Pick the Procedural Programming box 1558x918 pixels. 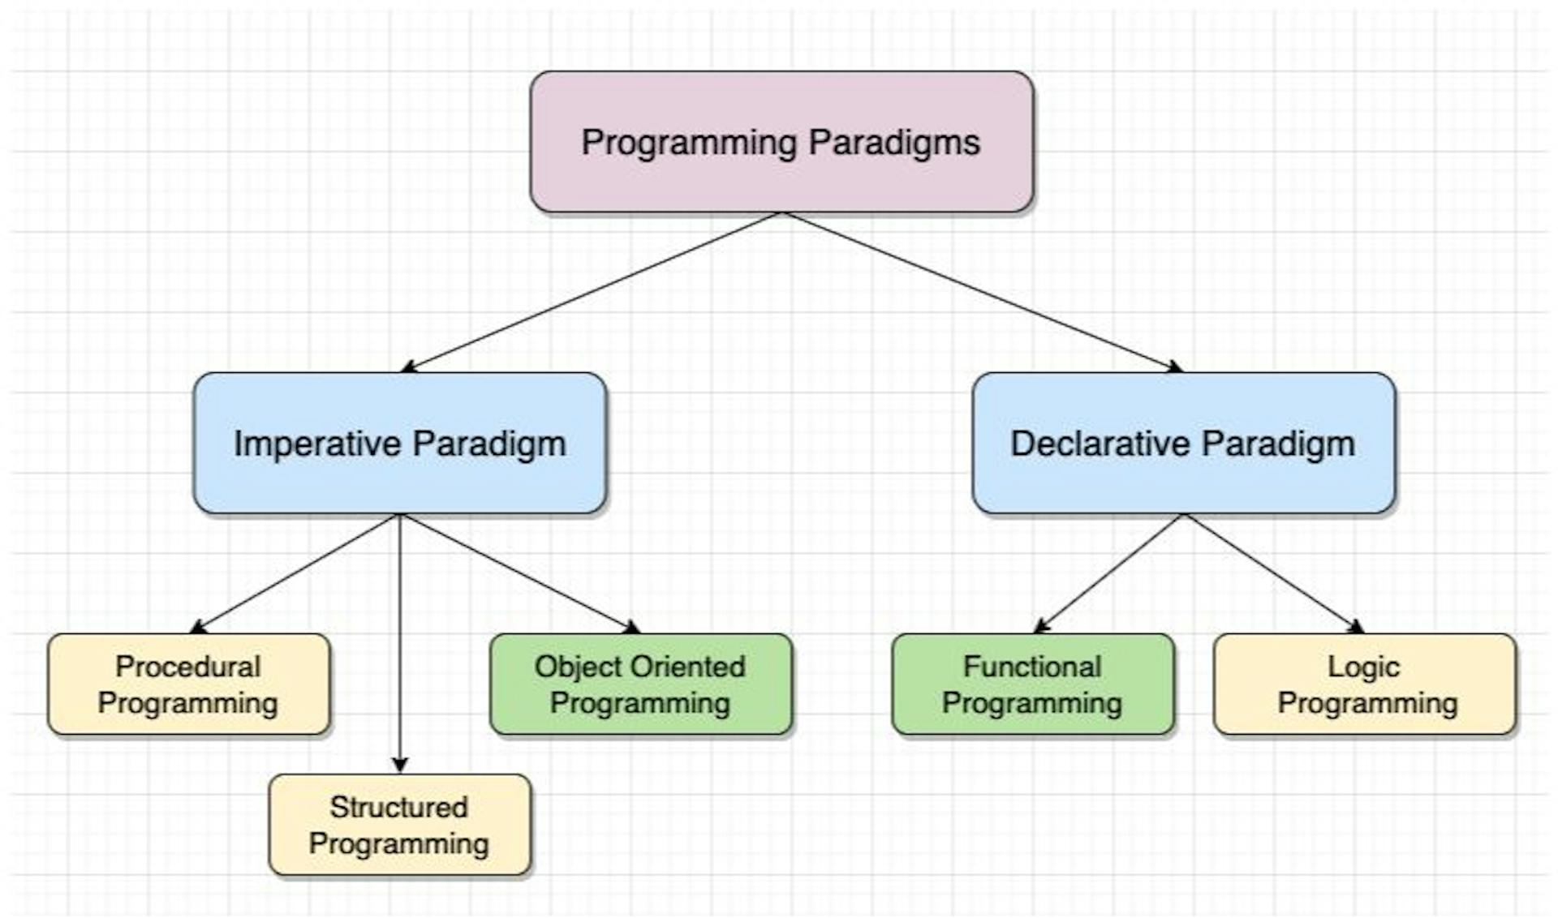pos(188,684)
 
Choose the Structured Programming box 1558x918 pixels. pos(399,825)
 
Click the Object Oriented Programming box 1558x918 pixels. pos(640,684)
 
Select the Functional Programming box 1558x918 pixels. pos(1032,684)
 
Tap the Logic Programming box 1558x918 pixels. pos(1364,684)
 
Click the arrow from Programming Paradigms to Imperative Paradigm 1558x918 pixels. pos(591,292)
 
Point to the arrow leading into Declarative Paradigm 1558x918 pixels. pos(982,292)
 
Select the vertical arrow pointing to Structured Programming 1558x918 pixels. pos(399,641)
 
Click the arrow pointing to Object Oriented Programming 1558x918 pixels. pos(519,573)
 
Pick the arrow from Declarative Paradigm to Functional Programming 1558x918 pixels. pos(1109,573)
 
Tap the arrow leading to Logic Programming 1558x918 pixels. pos(1273,573)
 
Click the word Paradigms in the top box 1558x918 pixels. pos(894,143)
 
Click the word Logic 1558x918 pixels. pos(1363,667)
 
